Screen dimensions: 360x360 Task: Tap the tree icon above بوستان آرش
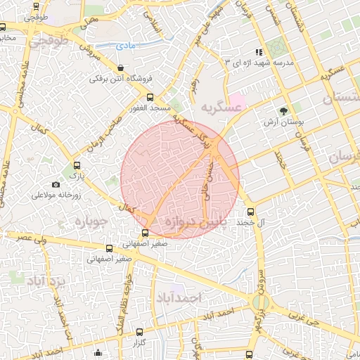[284, 111]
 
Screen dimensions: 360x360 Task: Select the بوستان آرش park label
[283, 122]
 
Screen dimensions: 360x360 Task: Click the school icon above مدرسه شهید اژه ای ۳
[259, 52]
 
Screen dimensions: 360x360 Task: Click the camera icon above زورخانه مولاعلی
[56, 184]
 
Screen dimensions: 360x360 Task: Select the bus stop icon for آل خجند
[250, 211]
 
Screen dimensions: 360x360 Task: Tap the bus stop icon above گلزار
[139, 332]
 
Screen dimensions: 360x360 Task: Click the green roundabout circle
[259, 303]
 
